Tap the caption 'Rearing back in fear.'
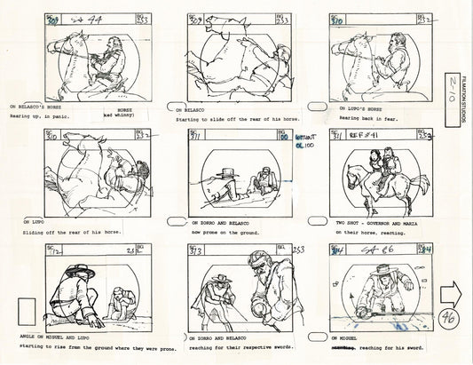[362, 117]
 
